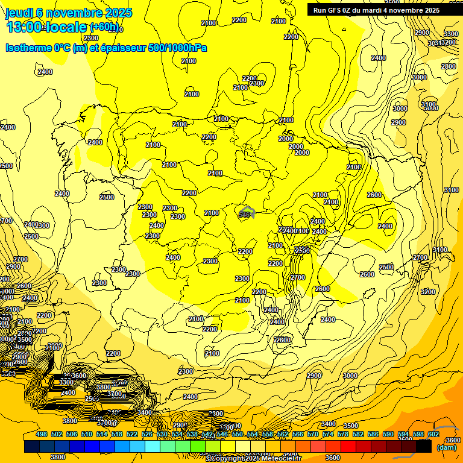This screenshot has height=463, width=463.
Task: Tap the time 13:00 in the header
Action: click(x=25, y=27)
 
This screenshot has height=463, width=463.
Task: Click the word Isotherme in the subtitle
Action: click(x=27, y=48)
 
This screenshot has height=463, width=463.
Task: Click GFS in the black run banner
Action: click(x=334, y=10)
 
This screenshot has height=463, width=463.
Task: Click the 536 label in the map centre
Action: click(x=244, y=214)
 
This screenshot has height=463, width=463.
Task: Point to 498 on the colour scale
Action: click(x=42, y=435)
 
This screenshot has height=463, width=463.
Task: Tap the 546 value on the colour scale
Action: click(x=222, y=435)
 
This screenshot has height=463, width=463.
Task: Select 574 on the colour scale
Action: click(x=327, y=435)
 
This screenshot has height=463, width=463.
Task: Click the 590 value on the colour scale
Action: click(x=388, y=435)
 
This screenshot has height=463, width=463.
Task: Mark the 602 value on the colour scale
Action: click(x=433, y=435)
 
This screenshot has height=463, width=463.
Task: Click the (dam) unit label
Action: click(x=446, y=447)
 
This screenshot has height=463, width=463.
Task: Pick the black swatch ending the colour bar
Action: click(x=424, y=447)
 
